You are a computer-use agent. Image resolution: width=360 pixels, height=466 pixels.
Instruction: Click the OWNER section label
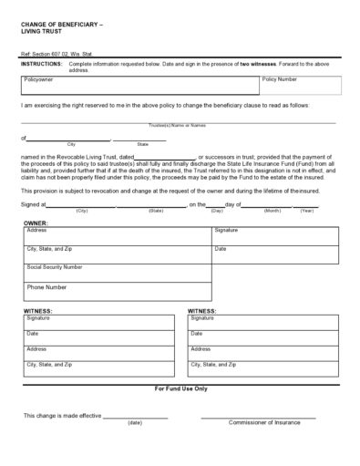coord(36,222)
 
